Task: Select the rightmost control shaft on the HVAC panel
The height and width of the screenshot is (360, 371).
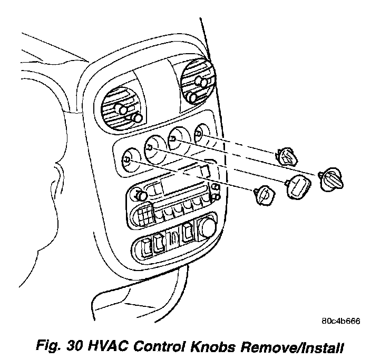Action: [198, 134]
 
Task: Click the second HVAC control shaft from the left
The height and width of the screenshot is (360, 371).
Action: [151, 148]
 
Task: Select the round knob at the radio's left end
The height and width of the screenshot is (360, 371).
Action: [141, 196]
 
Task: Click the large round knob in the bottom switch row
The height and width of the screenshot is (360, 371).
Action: [207, 228]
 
